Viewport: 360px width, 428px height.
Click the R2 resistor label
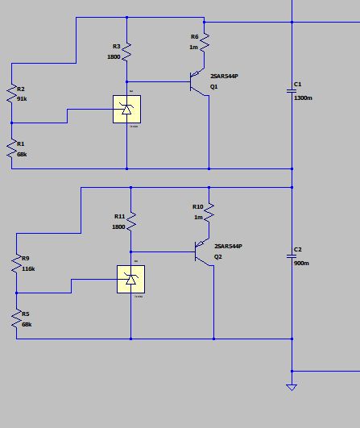(x=21, y=89)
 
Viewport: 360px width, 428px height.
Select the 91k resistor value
(x=22, y=98)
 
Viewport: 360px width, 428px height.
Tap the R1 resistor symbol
(x=12, y=148)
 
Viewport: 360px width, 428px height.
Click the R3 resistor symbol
(x=127, y=53)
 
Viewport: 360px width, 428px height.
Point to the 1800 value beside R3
(x=114, y=56)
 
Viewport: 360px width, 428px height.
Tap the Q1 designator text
(x=214, y=85)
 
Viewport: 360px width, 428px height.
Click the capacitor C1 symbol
(x=292, y=92)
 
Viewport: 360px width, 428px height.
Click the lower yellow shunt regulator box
(x=130, y=279)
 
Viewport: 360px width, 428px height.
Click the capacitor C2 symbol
(x=292, y=256)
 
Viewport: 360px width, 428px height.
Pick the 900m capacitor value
(x=302, y=264)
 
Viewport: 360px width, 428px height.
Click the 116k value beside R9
(x=28, y=268)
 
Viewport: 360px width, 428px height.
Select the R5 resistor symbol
(x=15, y=318)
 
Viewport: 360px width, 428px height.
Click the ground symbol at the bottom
(x=292, y=387)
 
